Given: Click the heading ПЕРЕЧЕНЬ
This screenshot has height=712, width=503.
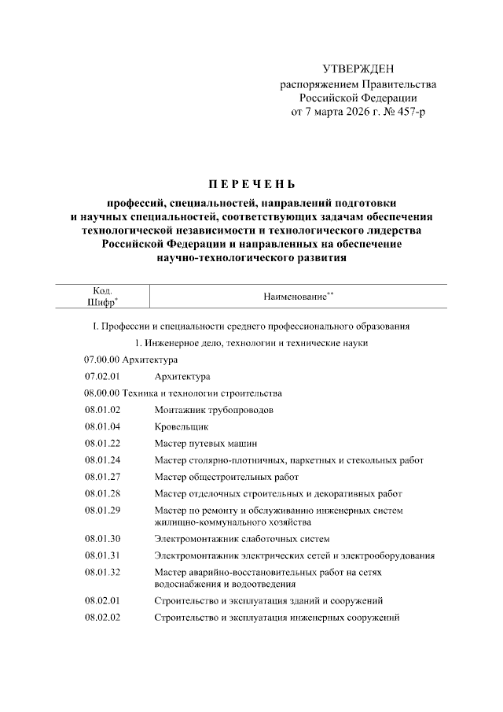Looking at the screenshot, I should pyautogui.click(x=251, y=186).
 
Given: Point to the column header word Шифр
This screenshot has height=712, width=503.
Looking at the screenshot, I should pyautogui.click(x=100, y=302).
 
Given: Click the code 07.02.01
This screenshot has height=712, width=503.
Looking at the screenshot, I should pyautogui.click(x=102, y=376).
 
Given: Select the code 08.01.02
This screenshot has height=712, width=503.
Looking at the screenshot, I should pyautogui.click(x=102, y=410).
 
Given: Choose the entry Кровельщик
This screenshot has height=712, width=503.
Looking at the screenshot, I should pyautogui.click(x=182, y=426).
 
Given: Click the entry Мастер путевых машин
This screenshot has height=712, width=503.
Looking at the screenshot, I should pyautogui.click(x=206, y=444).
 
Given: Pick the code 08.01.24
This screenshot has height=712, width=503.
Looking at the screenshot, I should pyautogui.click(x=102, y=460).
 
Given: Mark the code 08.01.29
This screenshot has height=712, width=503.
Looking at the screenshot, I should pyautogui.click(x=102, y=511).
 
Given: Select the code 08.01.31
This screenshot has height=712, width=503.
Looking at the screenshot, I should pyautogui.click(x=102, y=555).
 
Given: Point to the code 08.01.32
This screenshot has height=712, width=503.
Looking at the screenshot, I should pyautogui.click(x=102, y=572).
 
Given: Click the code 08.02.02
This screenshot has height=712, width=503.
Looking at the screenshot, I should pyautogui.click(x=102, y=618).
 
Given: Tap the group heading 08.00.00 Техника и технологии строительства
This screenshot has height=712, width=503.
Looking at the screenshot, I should pyautogui.click(x=183, y=393).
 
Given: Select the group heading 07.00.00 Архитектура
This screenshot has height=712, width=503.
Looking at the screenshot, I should pyautogui.click(x=126, y=360).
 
